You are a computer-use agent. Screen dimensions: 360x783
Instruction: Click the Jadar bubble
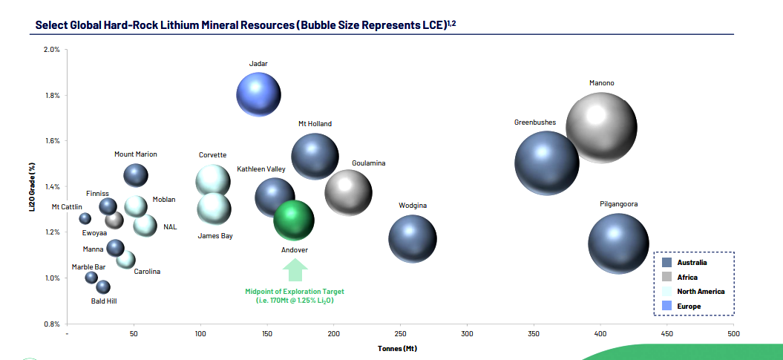pyautogui.click(x=258, y=95)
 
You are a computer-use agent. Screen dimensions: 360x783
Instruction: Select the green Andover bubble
pyautogui.click(x=294, y=220)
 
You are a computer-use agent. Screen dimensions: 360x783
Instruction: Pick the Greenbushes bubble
pyautogui.click(x=547, y=163)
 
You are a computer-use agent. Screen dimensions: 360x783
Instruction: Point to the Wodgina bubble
pyautogui.click(x=413, y=239)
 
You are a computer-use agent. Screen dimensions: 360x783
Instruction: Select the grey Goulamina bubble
pyautogui.click(x=348, y=191)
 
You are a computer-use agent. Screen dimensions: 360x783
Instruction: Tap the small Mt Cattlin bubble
pyautogui.click(x=85, y=218)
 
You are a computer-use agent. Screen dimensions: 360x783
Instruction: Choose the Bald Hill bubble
pyautogui.click(x=103, y=287)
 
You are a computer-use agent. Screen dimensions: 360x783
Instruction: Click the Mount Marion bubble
pyautogui.click(x=135, y=175)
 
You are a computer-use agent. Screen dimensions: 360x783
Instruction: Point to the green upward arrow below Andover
pyautogui.click(x=295, y=269)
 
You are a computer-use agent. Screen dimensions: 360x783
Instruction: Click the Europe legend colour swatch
pyautogui.click(x=666, y=306)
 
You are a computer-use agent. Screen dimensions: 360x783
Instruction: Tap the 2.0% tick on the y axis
pyautogui.click(x=51, y=50)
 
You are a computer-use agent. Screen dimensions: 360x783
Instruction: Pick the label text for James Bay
pyautogui.click(x=215, y=236)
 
